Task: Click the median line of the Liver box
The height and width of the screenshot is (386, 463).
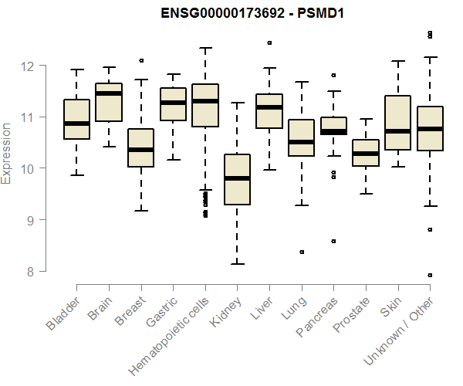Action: (269, 107)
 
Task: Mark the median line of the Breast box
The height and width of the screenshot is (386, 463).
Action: (141, 150)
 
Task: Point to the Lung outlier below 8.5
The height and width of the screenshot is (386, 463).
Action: (302, 252)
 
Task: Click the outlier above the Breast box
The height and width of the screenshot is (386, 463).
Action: (141, 60)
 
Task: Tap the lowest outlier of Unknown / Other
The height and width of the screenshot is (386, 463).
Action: (430, 275)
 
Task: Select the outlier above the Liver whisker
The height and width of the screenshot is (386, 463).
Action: (269, 43)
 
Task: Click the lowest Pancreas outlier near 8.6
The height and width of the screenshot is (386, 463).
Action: (333, 241)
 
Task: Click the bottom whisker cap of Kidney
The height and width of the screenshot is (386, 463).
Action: (237, 264)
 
